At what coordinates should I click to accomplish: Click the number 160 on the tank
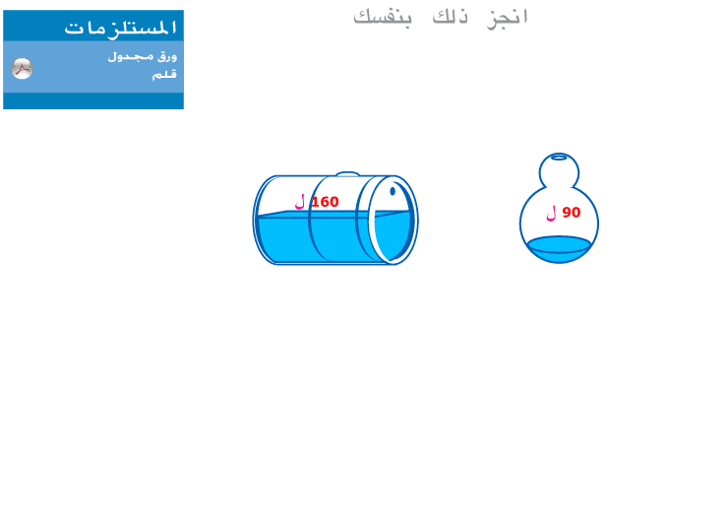325,202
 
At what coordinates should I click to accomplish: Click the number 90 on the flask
571,213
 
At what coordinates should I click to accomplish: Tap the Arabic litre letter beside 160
300,202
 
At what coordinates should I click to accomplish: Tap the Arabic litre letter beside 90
551,214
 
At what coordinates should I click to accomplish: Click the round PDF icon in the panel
22,68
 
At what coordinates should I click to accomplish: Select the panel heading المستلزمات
120,28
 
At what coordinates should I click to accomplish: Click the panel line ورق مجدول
143,57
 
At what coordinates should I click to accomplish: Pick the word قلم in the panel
164,75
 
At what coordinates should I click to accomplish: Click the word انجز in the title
507,18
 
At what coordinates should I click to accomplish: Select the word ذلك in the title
450,17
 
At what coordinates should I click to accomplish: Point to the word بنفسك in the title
383,17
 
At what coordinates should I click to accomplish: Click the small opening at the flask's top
559,157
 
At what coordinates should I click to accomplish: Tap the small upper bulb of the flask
559,171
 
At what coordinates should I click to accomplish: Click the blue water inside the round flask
559,249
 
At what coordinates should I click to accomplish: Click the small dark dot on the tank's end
393,191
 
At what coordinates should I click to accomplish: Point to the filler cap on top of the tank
347,174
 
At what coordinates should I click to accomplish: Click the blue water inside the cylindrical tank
325,237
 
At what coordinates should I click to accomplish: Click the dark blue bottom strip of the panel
93,100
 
